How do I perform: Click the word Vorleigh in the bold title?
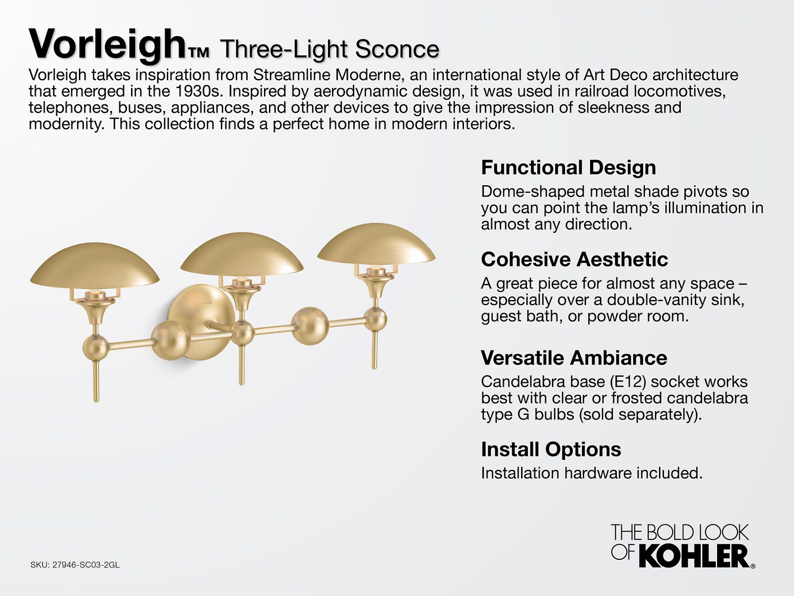point(107,45)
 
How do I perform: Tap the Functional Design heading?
point(568,167)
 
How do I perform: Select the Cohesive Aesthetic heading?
point(575,259)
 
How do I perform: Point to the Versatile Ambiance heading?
point(574,358)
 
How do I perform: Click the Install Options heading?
point(551,449)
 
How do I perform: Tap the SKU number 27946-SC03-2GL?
point(86,565)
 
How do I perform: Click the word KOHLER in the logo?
point(694,557)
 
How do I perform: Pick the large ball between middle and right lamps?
point(310,326)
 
